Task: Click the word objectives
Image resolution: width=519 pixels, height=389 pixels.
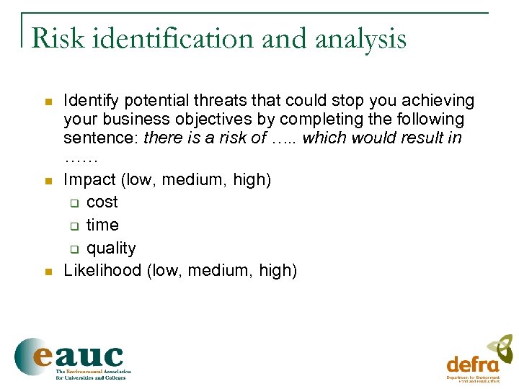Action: click(203, 119)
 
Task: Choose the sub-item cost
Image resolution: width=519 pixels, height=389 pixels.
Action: click(102, 202)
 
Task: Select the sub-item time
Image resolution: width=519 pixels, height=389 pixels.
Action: click(102, 225)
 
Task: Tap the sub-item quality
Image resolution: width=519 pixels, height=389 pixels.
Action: click(111, 248)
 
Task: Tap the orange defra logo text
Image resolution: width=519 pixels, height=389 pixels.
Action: click(472, 364)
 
